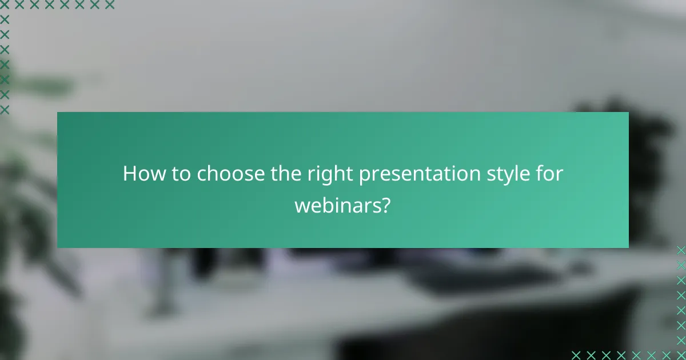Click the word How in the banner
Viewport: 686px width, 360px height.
click(x=141, y=174)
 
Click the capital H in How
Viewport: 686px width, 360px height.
click(x=129, y=174)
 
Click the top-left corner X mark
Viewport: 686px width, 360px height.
click(x=5, y=5)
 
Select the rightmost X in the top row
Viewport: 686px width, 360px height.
click(x=110, y=5)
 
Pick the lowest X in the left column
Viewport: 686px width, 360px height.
click(x=5, y=109)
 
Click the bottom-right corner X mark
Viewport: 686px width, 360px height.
click(x=681, y=354)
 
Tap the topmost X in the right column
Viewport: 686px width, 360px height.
click(x=681, y=250)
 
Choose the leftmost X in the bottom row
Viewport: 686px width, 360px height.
click(x=576, y=354)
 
